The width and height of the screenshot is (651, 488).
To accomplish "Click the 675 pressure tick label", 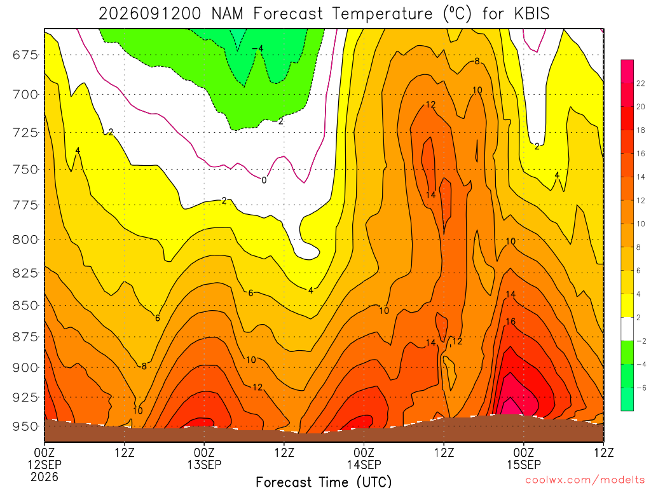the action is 25,55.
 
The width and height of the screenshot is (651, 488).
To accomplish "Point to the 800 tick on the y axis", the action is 25,240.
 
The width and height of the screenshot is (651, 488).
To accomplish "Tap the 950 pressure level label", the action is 25,426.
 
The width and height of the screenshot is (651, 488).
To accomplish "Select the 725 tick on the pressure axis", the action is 25,133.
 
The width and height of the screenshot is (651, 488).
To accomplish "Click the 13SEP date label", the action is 204,464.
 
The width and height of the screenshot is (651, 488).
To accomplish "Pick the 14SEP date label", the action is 364,464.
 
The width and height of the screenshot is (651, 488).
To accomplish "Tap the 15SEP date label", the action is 524,464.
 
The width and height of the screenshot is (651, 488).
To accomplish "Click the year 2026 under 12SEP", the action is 45,477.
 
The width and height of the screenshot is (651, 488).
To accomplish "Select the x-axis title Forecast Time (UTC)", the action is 324,482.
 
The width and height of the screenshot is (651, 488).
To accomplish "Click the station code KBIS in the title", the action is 532,14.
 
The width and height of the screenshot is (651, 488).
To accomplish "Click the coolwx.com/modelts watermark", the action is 585,480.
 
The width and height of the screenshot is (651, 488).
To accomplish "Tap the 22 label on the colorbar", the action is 641,83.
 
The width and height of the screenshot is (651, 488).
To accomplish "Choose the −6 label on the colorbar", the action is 641,388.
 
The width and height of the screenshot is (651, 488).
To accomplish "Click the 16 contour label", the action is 511,322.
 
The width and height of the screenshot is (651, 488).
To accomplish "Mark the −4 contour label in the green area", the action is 258,48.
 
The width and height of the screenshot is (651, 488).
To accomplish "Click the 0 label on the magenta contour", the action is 264,180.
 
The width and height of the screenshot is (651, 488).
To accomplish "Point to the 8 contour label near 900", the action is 144,367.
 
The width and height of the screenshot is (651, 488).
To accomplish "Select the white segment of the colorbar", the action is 627,329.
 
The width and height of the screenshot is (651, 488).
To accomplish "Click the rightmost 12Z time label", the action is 604,452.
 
